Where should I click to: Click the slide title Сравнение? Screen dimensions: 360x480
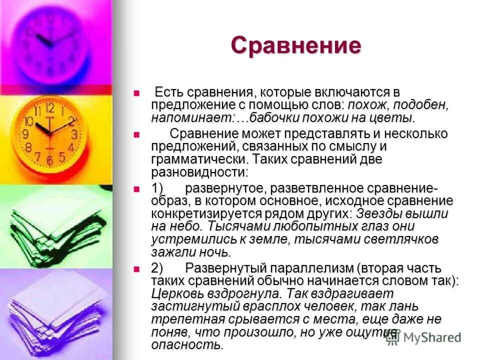click(295, 45)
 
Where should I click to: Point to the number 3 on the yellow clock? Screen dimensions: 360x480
click(74, 134)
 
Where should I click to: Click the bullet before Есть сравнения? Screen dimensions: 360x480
click(135, 93)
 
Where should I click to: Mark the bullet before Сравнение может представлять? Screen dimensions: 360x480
click(135, 134)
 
